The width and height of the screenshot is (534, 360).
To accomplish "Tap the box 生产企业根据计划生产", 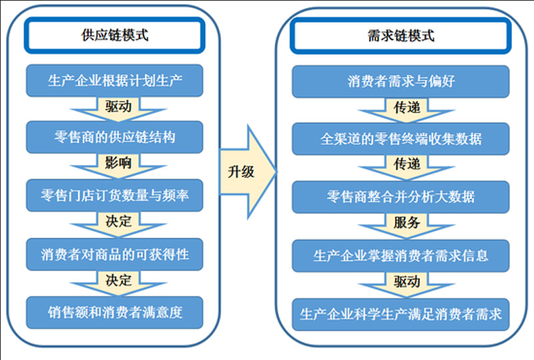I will (x=114, y=81).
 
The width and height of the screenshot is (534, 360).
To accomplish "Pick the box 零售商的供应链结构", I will (x=114, y=138).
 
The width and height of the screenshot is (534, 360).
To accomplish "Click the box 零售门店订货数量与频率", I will (x=114, y=195).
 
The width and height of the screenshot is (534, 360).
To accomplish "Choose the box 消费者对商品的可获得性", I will (x=114, y=253).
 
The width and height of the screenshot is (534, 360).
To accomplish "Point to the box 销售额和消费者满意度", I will (x=114, y=311).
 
